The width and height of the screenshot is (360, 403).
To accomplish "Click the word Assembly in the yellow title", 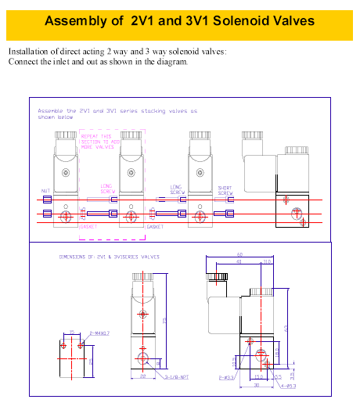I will (75, 20).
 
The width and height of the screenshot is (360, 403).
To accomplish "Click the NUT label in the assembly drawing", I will (45, 191).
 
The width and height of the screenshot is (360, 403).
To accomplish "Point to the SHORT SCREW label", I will (225, 189).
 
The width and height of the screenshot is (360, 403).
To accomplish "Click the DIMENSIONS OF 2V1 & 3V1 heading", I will (109, 256).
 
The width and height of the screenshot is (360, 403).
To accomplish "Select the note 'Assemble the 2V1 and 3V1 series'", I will (117, 111).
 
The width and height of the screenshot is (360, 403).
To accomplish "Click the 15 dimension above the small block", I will (71, 333).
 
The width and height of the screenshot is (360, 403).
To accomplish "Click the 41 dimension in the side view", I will (239, 261).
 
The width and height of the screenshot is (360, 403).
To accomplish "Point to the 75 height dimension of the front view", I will (165, 322).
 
